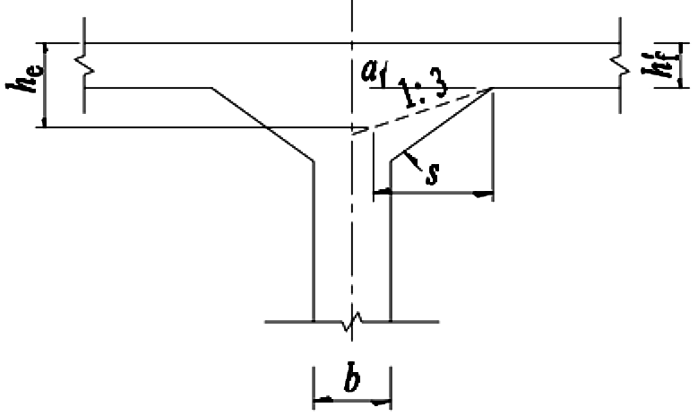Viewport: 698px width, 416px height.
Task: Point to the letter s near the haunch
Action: (x=432, y=174)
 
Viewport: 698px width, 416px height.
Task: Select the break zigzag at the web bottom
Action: (x=352, y=322)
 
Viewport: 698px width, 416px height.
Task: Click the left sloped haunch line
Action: (x=263, y=124)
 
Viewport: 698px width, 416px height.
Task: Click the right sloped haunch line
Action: (x=442, y=124)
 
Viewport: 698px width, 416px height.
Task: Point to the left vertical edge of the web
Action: (x=314, y=240)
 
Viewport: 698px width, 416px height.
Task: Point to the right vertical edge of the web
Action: (x=391, y=240)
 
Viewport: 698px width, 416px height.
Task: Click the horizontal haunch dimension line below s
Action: (x=433, y=193)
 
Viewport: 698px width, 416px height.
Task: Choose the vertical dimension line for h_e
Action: (x=44, y=85)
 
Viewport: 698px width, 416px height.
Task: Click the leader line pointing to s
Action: (x=412, y=160)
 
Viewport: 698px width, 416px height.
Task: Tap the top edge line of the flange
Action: (x=352, y=43)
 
